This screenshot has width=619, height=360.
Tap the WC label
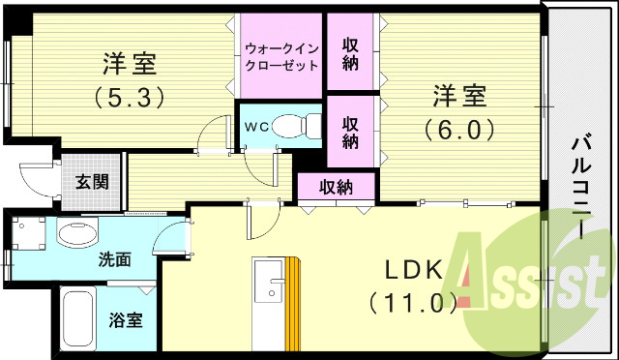click(255, 127)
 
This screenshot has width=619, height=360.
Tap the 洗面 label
click(114, 259)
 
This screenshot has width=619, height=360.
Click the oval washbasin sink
click(77, 233)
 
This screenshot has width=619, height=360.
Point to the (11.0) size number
click(412, 303)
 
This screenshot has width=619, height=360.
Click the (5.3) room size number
click(129, 97)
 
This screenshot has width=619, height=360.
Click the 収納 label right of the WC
click(351, 132)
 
